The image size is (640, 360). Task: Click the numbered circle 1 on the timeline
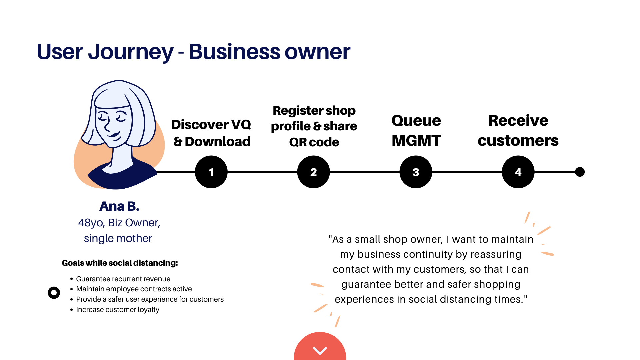pyautogui.click(x=211, y=172)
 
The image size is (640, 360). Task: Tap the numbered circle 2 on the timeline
pyautogui.click(x=313, y=172)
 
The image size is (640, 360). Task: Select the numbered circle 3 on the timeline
pyautogui.click(x=416, y=172)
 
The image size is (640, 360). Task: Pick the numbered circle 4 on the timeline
pyautogui.click(x=518, y=172)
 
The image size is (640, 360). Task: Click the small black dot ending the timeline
pyautogui.click(x=580, y=172)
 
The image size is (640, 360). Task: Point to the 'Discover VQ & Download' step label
pyautogui.click(x=211, y=133)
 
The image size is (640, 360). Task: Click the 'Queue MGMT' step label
pyautogui.click(x=416, y=130)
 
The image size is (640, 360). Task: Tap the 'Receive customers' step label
pyautogui.click(x=518, y=130)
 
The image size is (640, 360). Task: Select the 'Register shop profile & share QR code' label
pyautogui.click(x=314, y=126)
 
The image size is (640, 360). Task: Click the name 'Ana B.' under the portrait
pyautogui.click(x=119, y=206)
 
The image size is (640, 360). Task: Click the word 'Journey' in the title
pyautogui.click(x=130, y=52)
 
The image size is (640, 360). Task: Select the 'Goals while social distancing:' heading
pyautogui.click(x=120, y=263)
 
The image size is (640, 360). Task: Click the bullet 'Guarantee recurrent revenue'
pyautogui.click(x=123, y=279)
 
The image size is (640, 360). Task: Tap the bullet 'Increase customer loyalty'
pyautogui.click(x=118, y=310)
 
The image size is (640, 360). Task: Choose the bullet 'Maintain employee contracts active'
pyautogui.click(x=134, y=289)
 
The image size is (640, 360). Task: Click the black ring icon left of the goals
pyautogui.click(x=54, y=293)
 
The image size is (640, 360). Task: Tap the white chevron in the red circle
pyautogui.click(x=320, y=350)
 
